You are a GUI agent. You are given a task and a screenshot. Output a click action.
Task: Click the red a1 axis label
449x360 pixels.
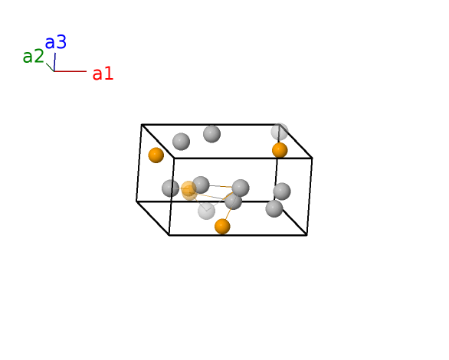[103, 74]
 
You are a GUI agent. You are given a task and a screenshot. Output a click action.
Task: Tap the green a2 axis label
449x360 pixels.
[33, 57]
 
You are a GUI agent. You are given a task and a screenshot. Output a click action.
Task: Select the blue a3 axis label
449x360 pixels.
[56, 42]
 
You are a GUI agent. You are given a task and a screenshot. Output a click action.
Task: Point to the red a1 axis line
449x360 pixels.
[70, 71]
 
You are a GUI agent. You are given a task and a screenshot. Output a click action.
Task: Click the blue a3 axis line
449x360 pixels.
[54, 62]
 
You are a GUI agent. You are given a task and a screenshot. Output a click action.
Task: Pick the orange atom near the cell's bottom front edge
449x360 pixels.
[222, 227]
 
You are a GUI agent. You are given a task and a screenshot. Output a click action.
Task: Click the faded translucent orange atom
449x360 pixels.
[189, 190]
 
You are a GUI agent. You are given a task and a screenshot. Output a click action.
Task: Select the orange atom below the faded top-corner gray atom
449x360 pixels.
[280, 150]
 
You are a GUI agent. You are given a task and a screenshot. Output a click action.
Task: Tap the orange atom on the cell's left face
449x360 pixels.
[156, 155]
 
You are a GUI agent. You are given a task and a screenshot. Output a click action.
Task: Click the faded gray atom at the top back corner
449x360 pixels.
[280, 132]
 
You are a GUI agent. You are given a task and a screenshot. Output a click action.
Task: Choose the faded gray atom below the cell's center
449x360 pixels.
[206, 211]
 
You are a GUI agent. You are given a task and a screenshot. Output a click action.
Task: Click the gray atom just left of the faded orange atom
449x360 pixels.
[170, 188]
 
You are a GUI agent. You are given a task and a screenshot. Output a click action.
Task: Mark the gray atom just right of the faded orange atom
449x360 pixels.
[201, 185]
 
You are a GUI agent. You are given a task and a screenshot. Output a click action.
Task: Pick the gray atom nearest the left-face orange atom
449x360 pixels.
[182, 142]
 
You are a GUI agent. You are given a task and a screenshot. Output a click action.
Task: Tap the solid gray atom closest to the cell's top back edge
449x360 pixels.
[212, 134]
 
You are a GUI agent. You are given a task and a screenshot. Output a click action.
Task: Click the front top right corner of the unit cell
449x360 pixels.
[312, 158]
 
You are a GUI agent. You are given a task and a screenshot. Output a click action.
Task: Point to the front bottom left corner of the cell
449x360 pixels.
[169, 235]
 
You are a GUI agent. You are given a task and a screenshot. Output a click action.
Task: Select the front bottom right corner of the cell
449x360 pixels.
[306, 235]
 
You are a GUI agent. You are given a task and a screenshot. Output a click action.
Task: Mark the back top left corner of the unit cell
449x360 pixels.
[142, 125]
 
